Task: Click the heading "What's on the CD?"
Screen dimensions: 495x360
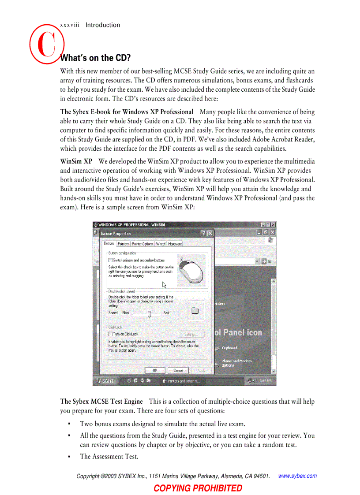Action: coord(95,58)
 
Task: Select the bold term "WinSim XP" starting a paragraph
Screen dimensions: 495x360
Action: coord(76,161)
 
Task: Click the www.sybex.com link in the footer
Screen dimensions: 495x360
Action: coord(298,476)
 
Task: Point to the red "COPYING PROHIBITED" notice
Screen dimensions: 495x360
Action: coord(198,488)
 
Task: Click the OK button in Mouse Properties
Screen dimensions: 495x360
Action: coord(155,370)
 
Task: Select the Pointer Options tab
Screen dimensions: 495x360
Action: coord(142,244)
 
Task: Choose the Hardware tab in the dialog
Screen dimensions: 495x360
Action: coord(175,244)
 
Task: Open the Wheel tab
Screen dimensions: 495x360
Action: coord(161,244)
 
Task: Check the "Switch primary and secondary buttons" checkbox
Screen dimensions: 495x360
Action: coord(110,261)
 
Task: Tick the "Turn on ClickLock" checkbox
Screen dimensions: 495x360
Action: coord(110,334)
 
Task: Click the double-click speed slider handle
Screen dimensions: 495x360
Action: coord(150,313)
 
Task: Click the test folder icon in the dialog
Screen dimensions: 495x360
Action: coord(195,310)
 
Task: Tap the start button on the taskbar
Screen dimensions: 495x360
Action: coord(105,381)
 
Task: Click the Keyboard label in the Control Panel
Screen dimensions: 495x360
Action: coord(229,348)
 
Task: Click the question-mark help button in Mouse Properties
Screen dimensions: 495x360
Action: coord(203,233)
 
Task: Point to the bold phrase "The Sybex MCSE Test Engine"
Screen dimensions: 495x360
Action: coord(101,402)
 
